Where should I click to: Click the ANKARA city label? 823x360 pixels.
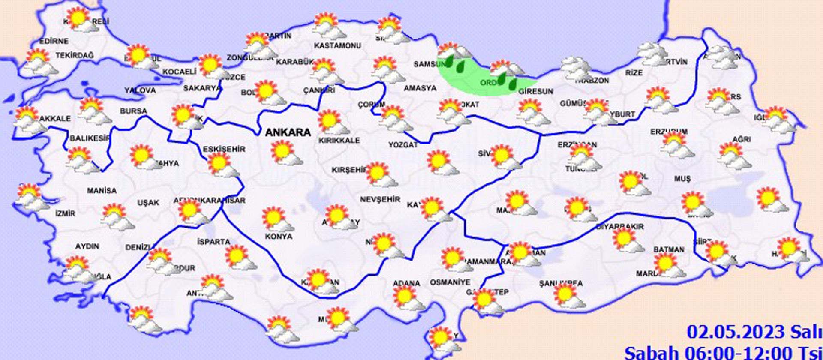288,132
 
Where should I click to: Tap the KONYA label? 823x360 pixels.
279,236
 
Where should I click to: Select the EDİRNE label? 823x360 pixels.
54,42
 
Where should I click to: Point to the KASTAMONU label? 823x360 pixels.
337,45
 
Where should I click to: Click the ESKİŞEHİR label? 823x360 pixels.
224,149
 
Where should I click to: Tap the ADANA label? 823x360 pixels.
406,283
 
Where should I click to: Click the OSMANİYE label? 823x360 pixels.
450,282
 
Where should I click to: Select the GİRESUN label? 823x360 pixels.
536,91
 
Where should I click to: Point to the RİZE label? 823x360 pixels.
634,73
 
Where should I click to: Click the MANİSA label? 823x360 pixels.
102,190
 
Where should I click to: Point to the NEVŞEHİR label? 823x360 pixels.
380,199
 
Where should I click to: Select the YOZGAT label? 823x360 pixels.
403,145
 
